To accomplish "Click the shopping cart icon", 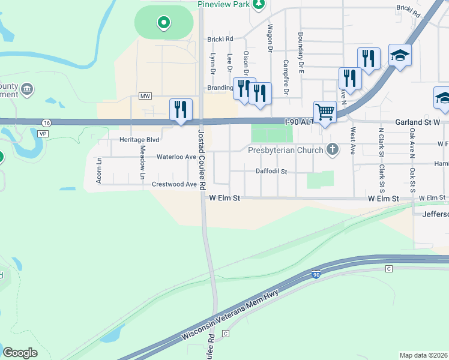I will coord(325,111).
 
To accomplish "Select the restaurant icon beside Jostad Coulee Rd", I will coord(181,109).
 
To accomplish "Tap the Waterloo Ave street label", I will coord(176,157).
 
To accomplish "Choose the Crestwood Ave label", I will coord(174,184).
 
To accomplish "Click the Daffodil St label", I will coord(271,172).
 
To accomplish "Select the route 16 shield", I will coord(47,122).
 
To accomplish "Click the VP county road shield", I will coord(43,133).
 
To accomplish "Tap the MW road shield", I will coord(145,96).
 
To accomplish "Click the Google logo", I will coord(20,353).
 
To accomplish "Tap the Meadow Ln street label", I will coord(142,163).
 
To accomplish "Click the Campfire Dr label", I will coord(286,77).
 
